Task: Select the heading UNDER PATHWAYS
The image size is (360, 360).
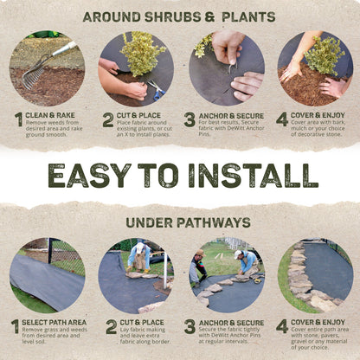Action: pos(179,222)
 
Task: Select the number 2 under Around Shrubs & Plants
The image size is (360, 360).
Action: pos(108,119)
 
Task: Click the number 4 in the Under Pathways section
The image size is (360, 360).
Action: pos(282,326)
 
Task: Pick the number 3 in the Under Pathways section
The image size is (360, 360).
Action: pos(190,326)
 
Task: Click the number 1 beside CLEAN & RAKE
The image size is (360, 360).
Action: pos(17,119)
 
